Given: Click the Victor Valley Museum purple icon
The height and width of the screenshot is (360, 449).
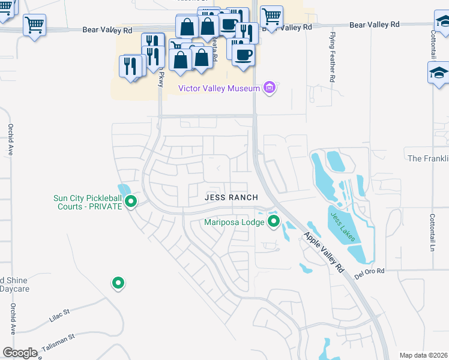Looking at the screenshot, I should point(270,89).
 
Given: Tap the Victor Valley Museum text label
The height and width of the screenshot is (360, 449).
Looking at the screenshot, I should point(219,89).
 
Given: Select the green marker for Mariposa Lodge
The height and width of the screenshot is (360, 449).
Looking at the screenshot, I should point(274,222).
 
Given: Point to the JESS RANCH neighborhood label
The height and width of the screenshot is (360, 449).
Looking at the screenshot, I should point(231,197).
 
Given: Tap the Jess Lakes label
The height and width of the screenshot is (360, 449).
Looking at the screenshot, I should point(343,227).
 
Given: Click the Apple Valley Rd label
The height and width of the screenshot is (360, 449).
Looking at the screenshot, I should point(326,253).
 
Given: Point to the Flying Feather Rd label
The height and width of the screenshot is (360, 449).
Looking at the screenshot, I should point(332,58).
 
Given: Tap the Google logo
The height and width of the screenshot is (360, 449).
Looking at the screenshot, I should point(20,353).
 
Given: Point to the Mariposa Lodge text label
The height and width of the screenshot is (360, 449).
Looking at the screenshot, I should point(234,222).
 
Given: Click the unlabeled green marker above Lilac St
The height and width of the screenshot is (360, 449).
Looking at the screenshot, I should point(118,283).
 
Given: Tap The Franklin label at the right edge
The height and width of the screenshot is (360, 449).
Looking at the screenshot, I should point(428,158).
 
